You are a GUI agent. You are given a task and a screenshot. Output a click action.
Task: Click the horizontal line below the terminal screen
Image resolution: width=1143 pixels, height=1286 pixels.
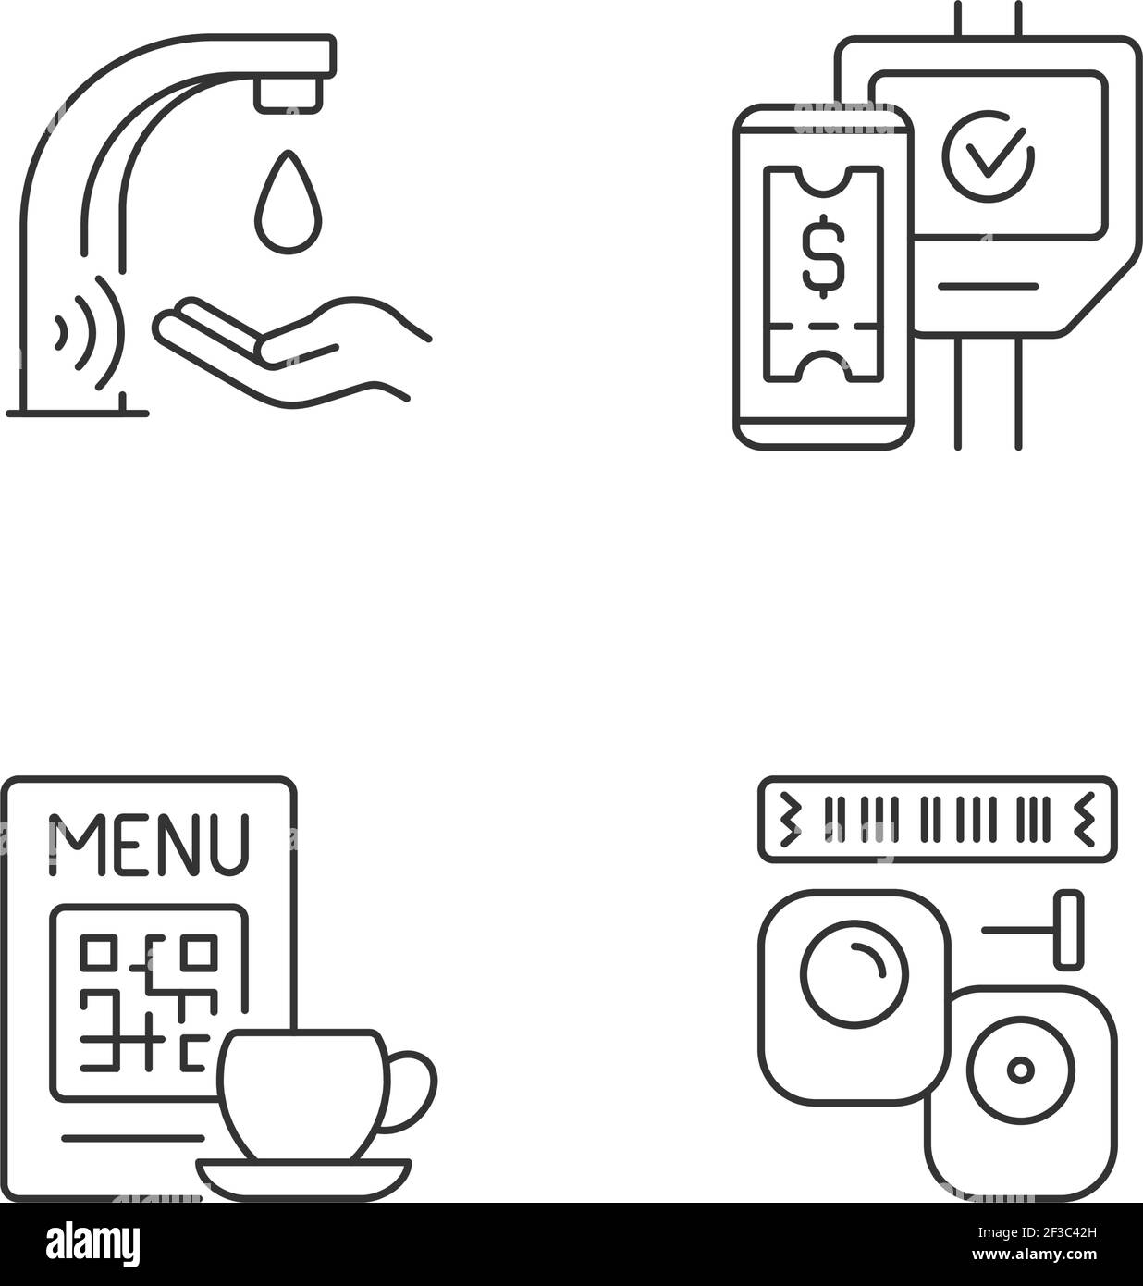click(988, 286)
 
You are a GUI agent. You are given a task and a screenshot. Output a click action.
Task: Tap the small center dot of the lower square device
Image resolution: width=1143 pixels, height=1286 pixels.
click(1022, 1071)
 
